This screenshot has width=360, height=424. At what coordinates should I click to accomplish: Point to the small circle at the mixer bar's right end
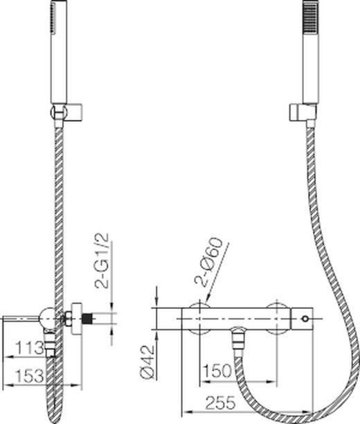(304, 318)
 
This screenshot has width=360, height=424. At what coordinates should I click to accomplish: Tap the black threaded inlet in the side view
(87, 318)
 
